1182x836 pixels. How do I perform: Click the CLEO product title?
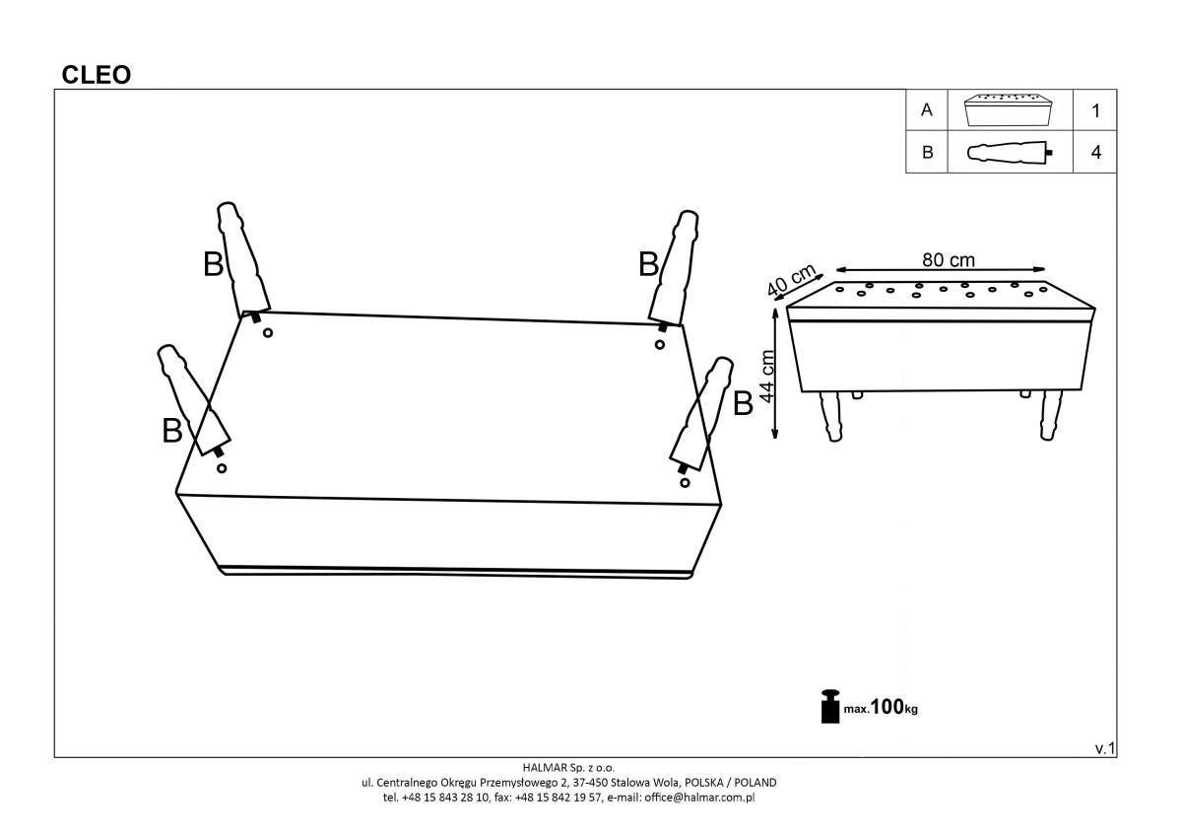point(97,75)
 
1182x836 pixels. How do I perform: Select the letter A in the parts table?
point(926,110)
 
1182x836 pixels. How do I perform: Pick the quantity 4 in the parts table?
point(1095,153)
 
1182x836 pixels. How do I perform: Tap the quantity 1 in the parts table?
point(1095,110)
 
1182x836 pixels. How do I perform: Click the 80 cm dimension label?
point(948,259)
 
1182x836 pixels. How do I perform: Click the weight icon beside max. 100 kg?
point(829,705)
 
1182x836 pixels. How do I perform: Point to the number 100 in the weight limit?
point(886,706)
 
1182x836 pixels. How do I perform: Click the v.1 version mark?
point(1104,748)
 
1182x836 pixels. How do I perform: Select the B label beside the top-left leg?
point(214,264)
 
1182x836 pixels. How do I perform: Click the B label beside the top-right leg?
point(648,264)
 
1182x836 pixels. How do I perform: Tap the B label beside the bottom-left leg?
point(172,431)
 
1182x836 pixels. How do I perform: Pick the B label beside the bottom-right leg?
point(743,402)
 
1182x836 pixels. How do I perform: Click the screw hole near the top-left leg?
point(267,333)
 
